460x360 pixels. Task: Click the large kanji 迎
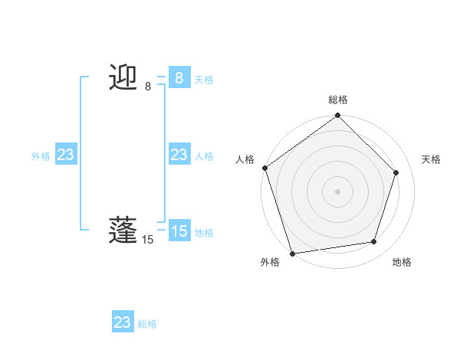click(x=123, y=77)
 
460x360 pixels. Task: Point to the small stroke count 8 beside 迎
click(x=148, y=87)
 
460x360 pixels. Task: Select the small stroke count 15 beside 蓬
click(x=148, y=240)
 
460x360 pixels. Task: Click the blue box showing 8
click(x=179, y=77)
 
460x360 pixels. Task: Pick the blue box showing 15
click(x=179, y=231)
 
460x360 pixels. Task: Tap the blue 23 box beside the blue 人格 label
click(x=179, y=155)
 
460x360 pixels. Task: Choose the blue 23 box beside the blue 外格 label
click(x=65, y=155)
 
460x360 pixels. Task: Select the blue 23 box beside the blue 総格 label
click(x=122, y=322)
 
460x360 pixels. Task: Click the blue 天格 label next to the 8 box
click(x=204, y=80)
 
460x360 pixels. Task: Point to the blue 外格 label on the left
click(x=41, y=156)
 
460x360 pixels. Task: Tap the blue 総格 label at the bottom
click(x=147, y=324)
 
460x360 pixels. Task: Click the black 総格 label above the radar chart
click(x=338, y=100)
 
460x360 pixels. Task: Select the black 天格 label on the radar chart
click(x=431, y=159)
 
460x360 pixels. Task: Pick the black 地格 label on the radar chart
click(x=402, y=262)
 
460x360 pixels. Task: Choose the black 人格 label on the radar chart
click(x=245, y=159)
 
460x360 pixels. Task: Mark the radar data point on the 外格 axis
click(x=292, y=253)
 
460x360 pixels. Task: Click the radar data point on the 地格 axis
click(x=374, y=241)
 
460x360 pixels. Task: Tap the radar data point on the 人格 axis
click(x=265, y=168)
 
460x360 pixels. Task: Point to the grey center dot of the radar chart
click(x=338, y=191)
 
